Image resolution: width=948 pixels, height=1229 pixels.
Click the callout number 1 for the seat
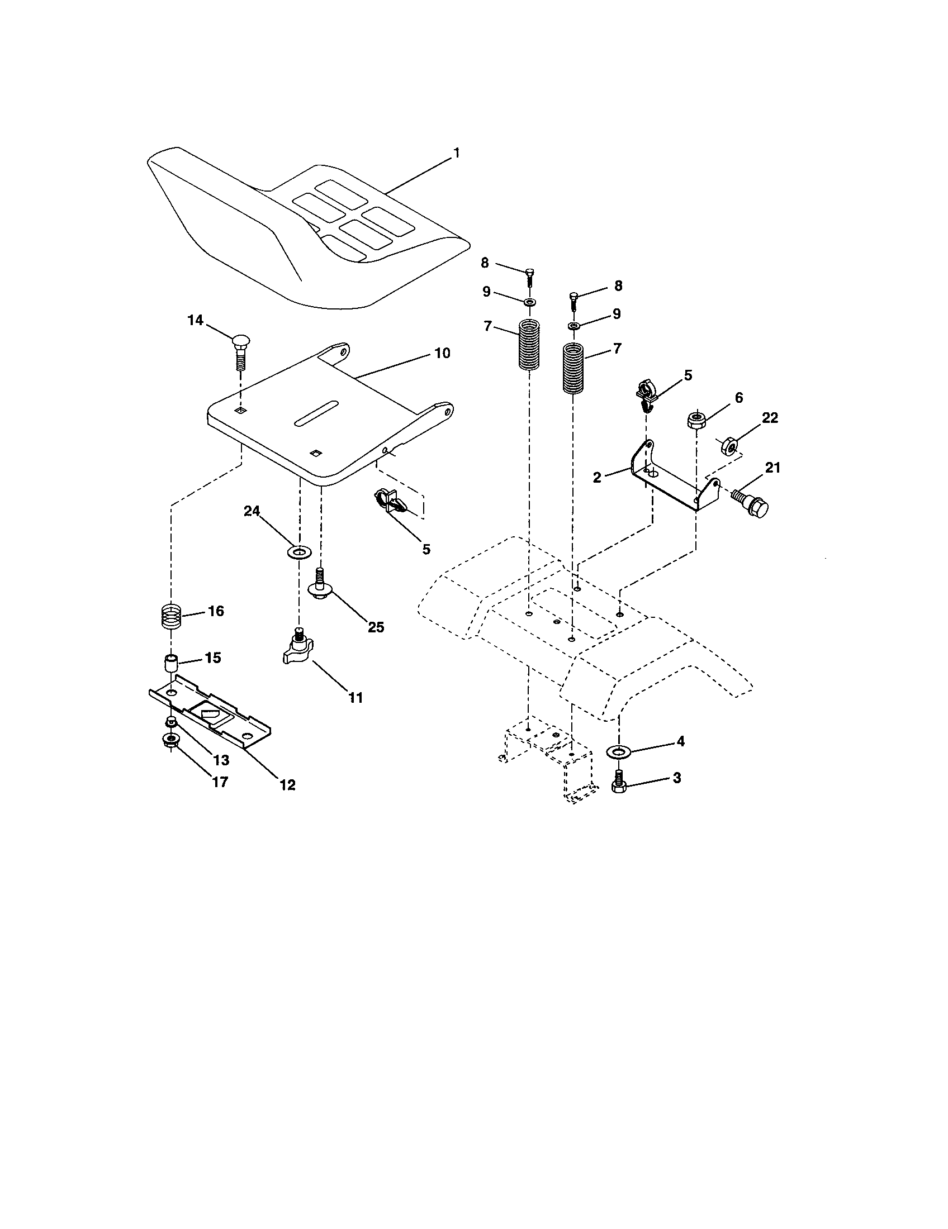click(x=457, y=153)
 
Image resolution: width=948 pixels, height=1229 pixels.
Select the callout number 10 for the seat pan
click(x=442, y=354)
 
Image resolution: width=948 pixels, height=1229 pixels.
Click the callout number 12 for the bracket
click(x=287, y=784)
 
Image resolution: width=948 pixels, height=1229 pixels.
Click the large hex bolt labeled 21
click(x=752, y=506)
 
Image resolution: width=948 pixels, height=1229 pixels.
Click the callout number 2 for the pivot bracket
click(x=597, y=477)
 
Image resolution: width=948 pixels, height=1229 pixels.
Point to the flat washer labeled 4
click(x=619, y=751)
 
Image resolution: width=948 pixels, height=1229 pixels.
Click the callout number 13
click(x=221, y=760)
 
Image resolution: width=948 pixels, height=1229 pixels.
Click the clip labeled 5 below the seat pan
click(x=389, y=501)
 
